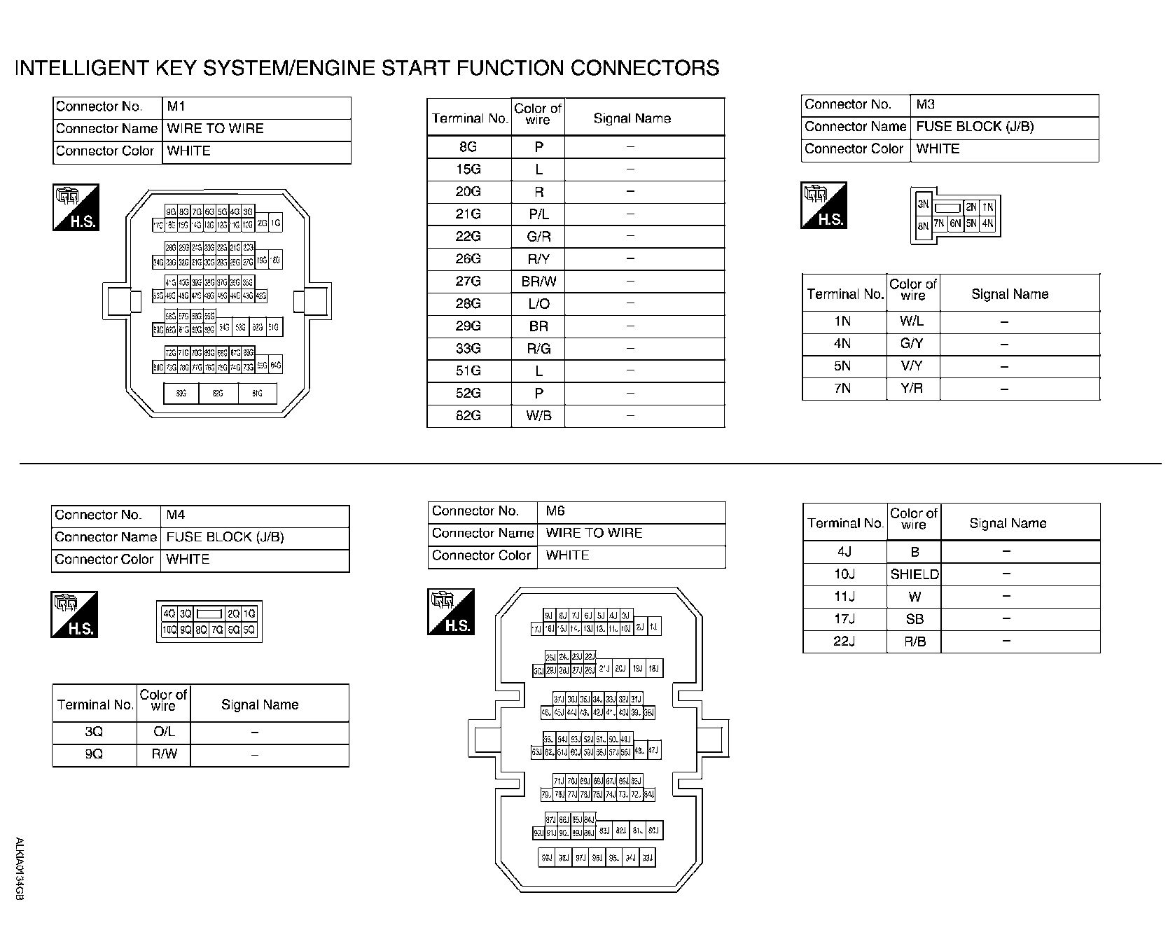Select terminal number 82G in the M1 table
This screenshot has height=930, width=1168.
click(468, 415)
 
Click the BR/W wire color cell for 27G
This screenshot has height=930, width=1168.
click(538, 282)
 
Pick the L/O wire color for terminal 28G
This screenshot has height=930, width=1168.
click(538, 304)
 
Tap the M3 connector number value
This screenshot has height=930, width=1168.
click(926, 104)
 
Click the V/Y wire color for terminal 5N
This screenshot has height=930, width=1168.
click(912, 366)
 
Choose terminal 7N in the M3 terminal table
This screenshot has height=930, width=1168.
click(842, 389)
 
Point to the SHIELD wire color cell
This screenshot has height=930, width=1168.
click(915, 575)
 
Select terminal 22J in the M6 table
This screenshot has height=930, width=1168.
click(844, 641)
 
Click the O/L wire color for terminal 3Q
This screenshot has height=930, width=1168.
click(164, 732)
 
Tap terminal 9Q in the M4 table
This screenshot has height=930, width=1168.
click(94, 755)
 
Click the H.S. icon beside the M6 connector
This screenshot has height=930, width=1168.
click(451, 612)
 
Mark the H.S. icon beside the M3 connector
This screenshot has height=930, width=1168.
click(823, 205)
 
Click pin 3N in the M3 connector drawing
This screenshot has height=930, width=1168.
click(923, 204)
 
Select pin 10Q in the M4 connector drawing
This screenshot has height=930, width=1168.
click(169, 630)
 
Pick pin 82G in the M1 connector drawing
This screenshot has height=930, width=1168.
click(218, 394)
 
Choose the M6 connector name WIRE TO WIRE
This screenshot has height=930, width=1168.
click(594, 533)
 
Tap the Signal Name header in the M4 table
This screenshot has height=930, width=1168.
click(260, 705)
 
